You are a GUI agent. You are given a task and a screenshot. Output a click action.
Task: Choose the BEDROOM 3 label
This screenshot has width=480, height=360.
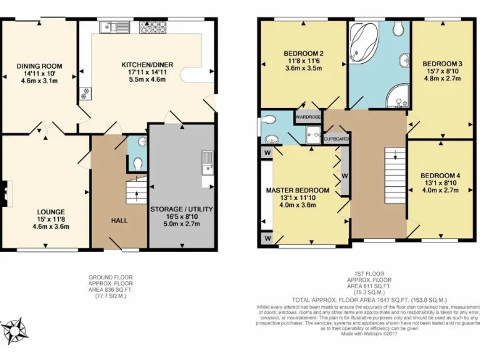tap(442, 64)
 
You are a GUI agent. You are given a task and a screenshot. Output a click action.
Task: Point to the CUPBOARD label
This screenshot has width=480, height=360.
tap(336, 139)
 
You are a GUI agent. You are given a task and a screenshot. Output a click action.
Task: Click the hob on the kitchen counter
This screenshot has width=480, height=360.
tap(150, 27)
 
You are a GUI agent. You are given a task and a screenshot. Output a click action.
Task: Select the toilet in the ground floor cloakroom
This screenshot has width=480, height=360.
tap(138, 163)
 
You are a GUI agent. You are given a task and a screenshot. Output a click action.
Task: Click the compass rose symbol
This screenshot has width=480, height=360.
tap(14, 329)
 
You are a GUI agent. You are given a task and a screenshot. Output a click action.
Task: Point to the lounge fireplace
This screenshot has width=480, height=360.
tap(6, 193)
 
